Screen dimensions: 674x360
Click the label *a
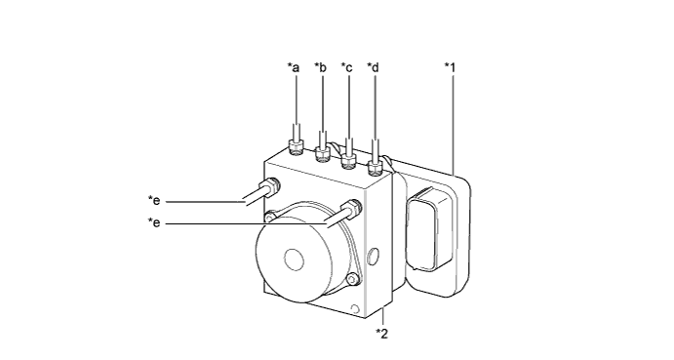coord(294,67)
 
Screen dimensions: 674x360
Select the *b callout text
coord(320,67)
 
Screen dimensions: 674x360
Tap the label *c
coord(347,67)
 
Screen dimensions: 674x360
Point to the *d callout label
coord(374,67)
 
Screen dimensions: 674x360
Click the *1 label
coord(450,67)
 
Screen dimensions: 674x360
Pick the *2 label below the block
coord(381,334)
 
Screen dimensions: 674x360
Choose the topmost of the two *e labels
coord(154,200)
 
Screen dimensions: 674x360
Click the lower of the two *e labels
coord(154,222)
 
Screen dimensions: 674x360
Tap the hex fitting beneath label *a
coord(297,147)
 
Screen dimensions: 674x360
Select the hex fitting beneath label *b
coord(323,154)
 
